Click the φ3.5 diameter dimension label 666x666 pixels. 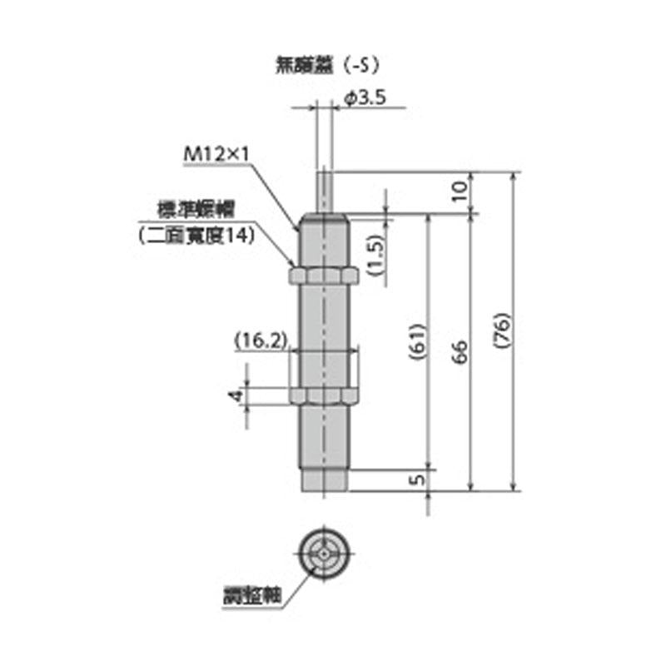[365, 98]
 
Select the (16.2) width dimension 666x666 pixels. [261, 340]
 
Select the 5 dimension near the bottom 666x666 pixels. [418, 478]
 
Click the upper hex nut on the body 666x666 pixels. [324, 276]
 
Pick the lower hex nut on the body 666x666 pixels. [324, 395]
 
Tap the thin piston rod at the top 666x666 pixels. [325, 189]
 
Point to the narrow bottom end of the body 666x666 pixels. [324, 480]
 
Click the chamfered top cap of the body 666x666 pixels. [324, 220]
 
